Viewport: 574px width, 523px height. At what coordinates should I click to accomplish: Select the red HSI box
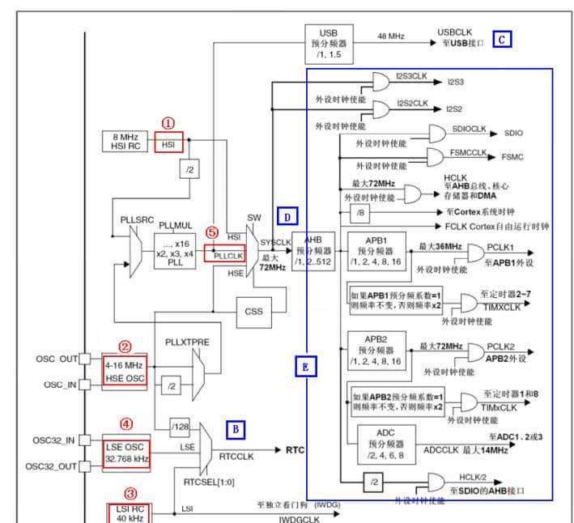[x=169, y=142]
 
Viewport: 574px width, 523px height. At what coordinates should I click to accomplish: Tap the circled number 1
[x=168, y=123]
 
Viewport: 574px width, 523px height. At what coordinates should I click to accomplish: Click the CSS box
[x=254, y=311]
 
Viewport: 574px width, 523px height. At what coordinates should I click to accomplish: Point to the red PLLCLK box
[x=223, y=254]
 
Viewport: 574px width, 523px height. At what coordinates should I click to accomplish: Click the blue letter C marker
[x=502, y=38]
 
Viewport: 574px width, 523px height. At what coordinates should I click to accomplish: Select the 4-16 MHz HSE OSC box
[x=125, y=372]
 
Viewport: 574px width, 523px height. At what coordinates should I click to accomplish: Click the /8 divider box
[x=359, y=211]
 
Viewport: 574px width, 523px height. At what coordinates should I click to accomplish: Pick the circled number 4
[x=125, y=423]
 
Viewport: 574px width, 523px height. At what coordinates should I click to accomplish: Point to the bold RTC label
[x=294, y=449]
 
